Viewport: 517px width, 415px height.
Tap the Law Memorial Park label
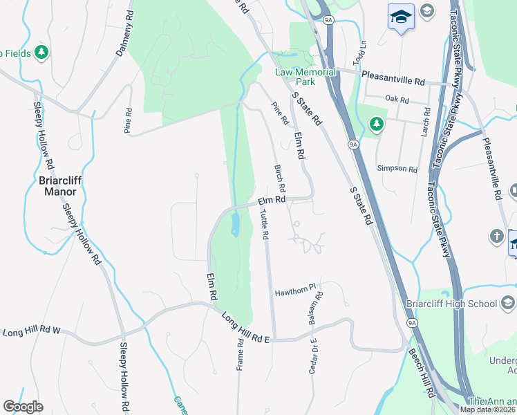coord(305,77)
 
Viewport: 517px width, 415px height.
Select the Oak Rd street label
coord(397,100)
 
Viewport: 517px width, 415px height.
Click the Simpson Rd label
coord(397,168)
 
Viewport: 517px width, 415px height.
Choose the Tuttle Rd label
coord(264,225)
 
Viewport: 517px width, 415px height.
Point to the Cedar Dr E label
coord(314,356)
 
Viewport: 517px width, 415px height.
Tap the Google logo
coord(23,407)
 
